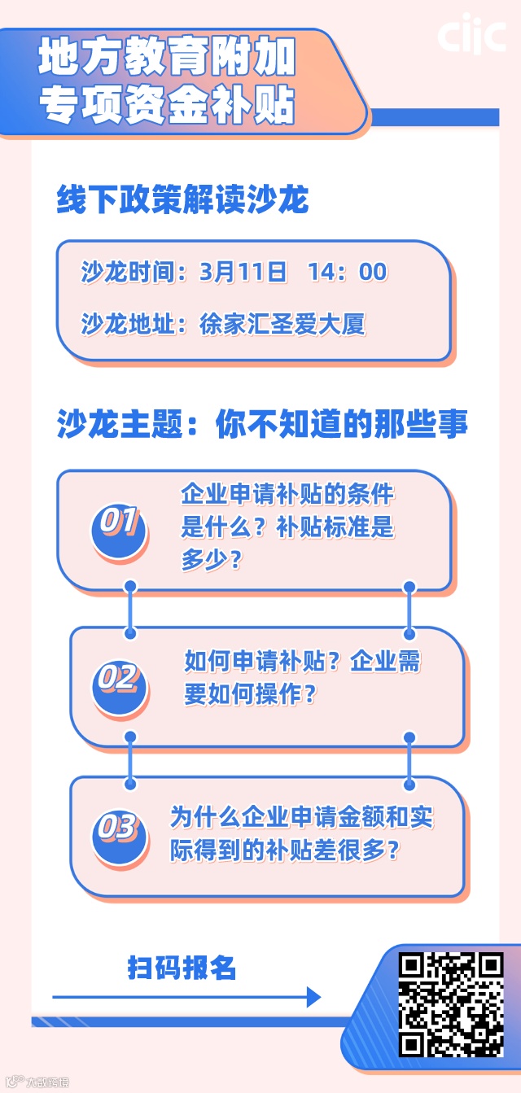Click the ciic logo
coord(471,35)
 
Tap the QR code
coord(451,1004)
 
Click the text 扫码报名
coord(182,968)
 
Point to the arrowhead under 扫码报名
coord(313,996)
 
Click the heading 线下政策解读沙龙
coord(182,199)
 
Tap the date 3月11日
coord(243,272)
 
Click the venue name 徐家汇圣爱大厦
coord(282,324)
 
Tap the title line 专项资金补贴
coord(167,105)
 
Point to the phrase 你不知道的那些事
coord(342,425)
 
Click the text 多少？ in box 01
coord(211,560)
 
